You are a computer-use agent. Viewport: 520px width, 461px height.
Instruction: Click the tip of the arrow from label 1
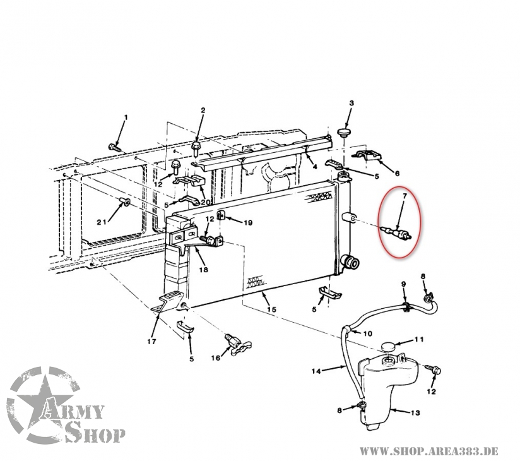click(x=117, y=145)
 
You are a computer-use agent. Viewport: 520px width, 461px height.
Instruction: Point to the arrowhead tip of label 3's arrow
click(x=345, y=128)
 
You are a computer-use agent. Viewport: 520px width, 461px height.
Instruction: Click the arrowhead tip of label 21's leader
click(x=122, y=203)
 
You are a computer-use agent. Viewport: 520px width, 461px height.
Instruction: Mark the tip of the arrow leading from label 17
click(x=158, y=314)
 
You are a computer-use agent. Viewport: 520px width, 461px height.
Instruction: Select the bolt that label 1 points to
click(x=114, y=147)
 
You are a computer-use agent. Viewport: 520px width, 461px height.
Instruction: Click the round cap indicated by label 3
click(x=344, y=132)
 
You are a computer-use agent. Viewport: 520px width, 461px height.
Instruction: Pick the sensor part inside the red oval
click(x=396, y=231)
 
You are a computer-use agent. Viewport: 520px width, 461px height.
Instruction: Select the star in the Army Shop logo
click(x=44, y=405)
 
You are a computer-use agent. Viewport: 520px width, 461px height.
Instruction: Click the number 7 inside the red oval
click(x=405, y=196)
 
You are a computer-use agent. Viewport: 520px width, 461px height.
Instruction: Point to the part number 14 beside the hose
click(x=316, y=371)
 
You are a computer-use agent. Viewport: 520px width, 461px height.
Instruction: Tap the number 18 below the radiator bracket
click(x=204, y=270)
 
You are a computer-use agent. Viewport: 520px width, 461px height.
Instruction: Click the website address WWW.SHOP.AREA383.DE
click(x=428, y=452)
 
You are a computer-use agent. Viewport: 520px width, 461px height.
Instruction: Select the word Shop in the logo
click(x=95, y=432)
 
